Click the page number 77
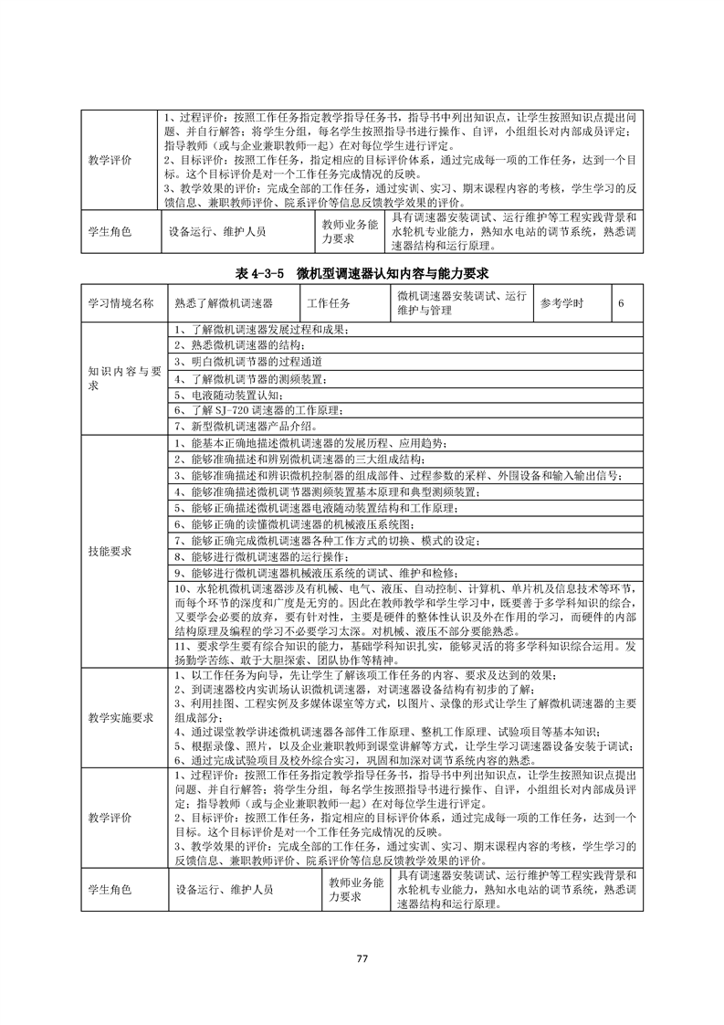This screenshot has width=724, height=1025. pos(362,957)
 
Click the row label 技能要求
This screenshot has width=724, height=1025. pos(110,551)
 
